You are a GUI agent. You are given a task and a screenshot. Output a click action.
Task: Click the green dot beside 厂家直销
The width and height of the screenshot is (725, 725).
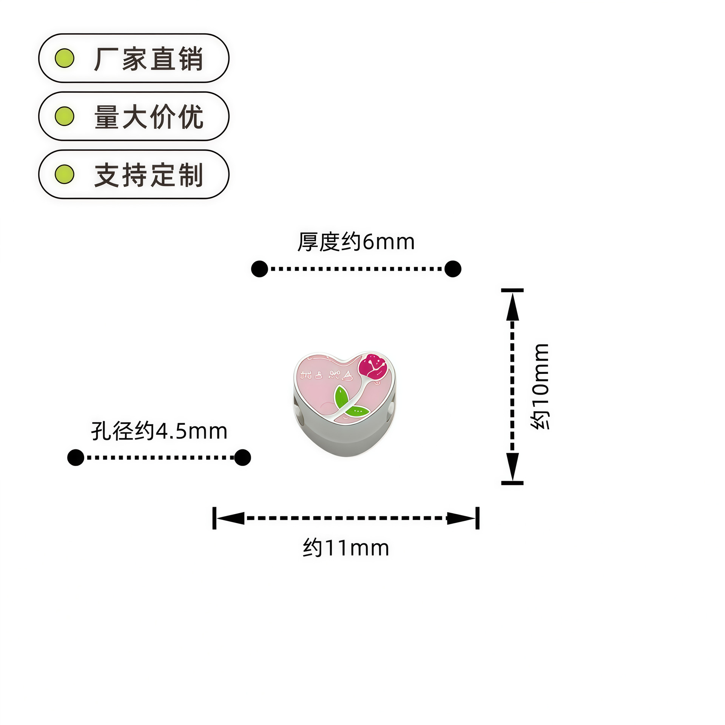tap(65, 58)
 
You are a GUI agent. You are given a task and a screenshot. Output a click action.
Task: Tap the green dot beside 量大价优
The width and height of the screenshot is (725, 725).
tap(65, 116)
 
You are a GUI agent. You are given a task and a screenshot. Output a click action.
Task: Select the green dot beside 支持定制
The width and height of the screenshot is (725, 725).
tap(65, 174)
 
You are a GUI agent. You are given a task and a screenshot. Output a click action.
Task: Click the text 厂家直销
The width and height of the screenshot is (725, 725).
tap(148, 59)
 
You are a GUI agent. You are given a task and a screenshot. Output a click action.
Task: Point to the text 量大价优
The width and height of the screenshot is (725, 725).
tap(148, 117)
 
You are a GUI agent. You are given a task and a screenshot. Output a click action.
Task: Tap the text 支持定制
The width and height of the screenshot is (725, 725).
tap(148, 175)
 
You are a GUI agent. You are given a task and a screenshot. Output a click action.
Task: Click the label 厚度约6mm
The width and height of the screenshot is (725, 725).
tap(356, 242)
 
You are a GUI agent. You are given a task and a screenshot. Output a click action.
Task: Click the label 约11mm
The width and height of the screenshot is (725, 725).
tap(346, 548)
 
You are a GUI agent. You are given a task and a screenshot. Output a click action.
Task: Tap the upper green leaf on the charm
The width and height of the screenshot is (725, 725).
tap(341, 397)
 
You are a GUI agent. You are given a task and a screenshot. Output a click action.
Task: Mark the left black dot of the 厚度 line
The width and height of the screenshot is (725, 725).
tap(259, 269)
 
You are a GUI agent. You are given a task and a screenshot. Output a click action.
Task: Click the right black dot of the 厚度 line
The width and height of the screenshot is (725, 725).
tap(453, 269)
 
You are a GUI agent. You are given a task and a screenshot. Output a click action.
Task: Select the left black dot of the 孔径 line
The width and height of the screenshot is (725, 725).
tap(76, 457)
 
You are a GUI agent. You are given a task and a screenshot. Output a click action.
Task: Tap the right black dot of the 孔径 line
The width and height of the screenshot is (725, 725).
tap(242, 457)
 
